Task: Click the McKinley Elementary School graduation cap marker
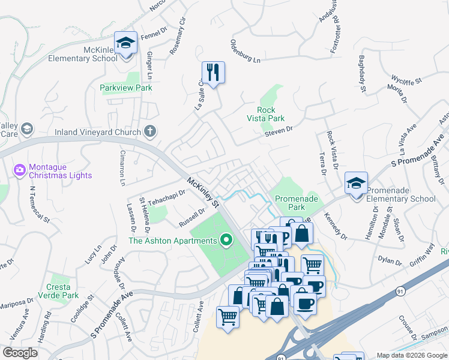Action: point(126,43)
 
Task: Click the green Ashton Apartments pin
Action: point(226,241)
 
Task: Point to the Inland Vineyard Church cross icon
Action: point(150,131)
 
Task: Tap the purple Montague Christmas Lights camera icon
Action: point(20,170)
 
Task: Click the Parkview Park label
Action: point(126,88)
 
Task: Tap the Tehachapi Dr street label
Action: point(165,198)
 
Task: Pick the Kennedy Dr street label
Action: point(336,226)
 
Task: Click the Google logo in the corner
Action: point(20,353)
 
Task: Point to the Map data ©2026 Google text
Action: point(412,355)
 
